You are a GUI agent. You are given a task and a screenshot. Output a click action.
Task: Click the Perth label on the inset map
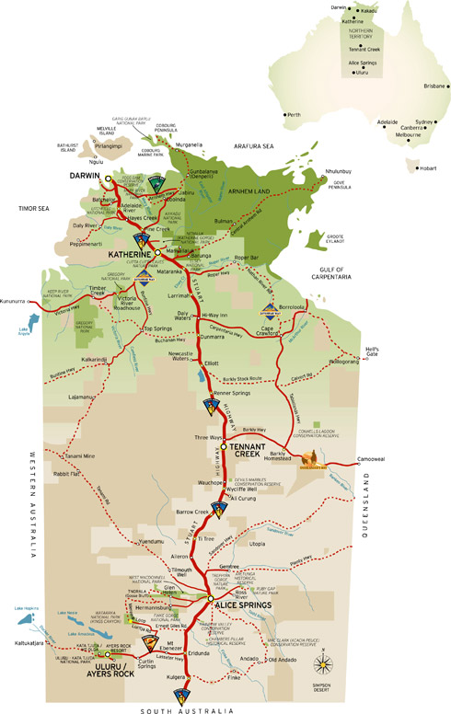tap(295, 115)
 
